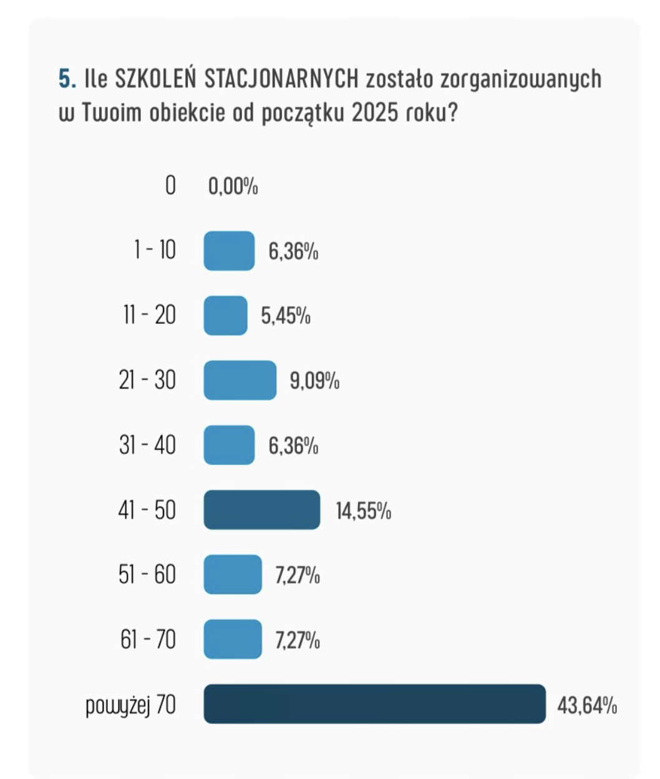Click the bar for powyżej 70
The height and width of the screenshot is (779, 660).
pyautogui.click(x=374, y=704)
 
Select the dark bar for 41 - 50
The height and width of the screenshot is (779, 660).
pyautogui.click(x=261, y=510)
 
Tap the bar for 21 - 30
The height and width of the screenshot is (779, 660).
pyautogui.click(x=240, y=380)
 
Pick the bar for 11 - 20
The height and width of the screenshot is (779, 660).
pyautogui.click(x=225, y=315)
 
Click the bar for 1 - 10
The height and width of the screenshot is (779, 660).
pyautogui.click(x=229, y=251)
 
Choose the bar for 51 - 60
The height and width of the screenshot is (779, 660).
pyautogui.click(x=233, y=574)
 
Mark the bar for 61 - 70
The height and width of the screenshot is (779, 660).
pyautogui.click(x=233, y=639)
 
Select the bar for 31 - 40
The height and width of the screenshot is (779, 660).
pyautogui.click(x=229, y=445)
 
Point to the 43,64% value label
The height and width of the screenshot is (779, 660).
pyautogui.click(x=586, y=706)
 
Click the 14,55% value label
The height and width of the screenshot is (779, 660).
pyautogui.click(x=363, y=512)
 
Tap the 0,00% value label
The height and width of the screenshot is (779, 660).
pyautogui.click(x=233, y=186)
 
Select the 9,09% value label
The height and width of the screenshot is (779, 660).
pyautogui.click(x=314, y=381)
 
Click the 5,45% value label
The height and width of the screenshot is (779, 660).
pyautogui.click(x=286, y=316)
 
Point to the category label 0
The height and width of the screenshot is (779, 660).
pyautogui.click(x=170, y=185)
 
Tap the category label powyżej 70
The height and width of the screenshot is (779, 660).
pyautogui.click(x=130, y=705)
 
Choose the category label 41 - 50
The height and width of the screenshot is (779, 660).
pyautogui.click(x=147, y=511)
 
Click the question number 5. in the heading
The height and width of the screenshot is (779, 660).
pyautogui.click(x=67, y=79)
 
